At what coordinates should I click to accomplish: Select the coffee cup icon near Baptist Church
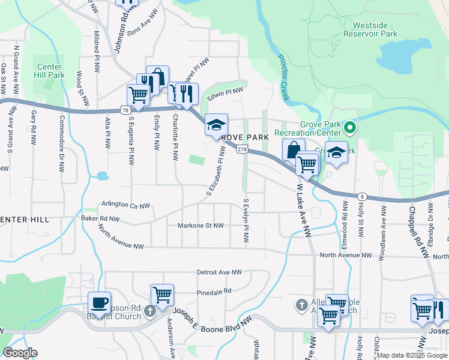(x=99, y=302)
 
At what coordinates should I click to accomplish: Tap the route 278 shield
(x=242, y=149)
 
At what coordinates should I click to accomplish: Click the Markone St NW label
(x=200, y=226)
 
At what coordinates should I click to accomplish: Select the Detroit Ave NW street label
(x=220, y=272)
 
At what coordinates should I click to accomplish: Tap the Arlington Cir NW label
(x=125, y=205)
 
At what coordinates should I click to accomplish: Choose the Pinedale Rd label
(x=214, y=292)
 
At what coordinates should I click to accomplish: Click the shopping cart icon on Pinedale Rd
(x=162, y=295)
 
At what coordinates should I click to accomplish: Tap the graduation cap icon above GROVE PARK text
(x=216, y=125)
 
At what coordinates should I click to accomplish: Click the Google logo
(x=20, y=353)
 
